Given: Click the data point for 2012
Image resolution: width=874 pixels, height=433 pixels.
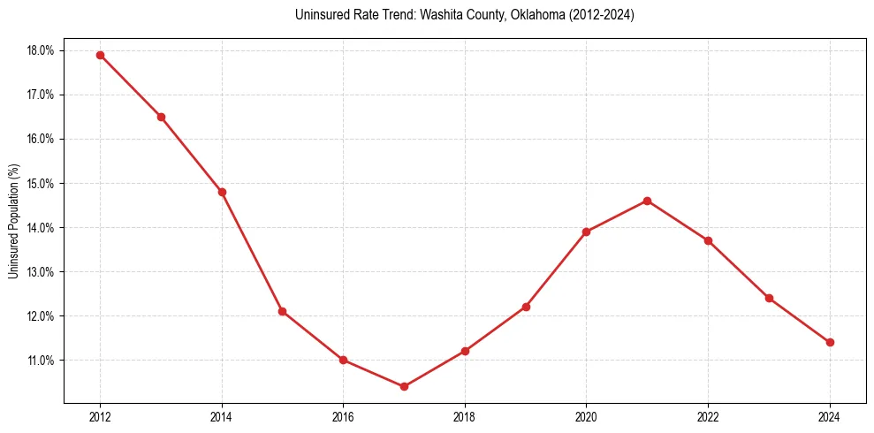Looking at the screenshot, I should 100,55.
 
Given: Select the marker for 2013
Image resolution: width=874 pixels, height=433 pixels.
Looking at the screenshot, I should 161,117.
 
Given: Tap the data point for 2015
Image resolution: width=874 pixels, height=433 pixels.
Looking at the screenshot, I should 282,311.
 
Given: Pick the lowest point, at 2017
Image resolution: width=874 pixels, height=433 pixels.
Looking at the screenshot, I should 404,386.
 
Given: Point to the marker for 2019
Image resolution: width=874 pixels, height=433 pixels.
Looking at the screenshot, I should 526,307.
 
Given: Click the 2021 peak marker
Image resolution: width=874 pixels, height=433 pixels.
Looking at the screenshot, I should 647,201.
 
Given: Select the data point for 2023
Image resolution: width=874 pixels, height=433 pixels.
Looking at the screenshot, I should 769,298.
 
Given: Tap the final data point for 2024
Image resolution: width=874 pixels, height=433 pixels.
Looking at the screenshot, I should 830,342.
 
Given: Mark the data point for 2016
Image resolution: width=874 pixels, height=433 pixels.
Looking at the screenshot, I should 343,360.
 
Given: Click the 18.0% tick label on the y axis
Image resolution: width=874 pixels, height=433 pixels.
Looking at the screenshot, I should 41,50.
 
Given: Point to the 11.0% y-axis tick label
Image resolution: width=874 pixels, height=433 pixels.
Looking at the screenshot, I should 41,361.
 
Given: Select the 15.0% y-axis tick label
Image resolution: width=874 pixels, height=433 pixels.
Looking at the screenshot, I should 41,184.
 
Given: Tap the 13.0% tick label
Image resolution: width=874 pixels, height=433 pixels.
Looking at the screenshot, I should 41,272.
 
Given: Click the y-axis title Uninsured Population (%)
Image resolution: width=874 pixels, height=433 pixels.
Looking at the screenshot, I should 13,221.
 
